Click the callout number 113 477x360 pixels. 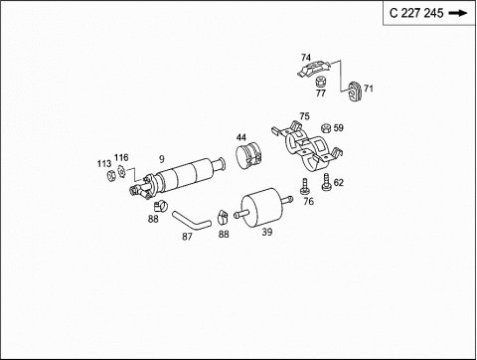tap(104, 164)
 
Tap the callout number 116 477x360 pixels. tap(121, 157)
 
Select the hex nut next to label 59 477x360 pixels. tap(326, 128)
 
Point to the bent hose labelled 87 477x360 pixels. tap(192, 221)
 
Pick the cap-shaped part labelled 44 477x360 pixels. tap(248, 155)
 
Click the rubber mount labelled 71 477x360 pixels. tap(355, 90)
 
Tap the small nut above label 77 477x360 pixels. tap(320, 82)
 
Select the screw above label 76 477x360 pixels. tap(304, 187)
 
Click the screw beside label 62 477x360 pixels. tap(327, 182)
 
